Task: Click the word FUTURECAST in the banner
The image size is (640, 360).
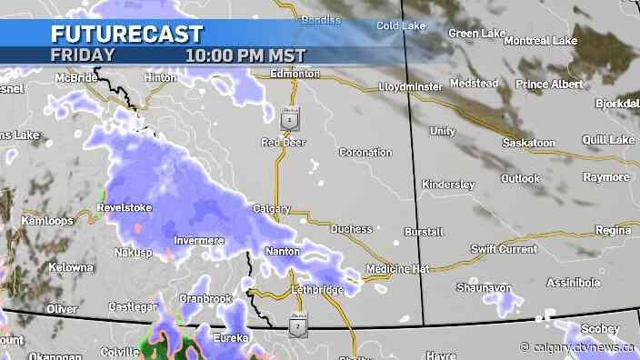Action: tap(126, 34)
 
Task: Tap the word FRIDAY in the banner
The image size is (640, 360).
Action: tap(83, 55)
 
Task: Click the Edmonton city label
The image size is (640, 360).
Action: tap(296, 73)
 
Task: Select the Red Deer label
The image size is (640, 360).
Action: tap(284, 142)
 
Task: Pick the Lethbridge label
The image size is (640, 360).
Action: tap(318, 289)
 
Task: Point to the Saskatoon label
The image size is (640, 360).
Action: tap(528, 144)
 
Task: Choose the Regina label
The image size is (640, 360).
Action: tap(613, 231)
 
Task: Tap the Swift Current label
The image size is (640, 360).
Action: tap(504, 248)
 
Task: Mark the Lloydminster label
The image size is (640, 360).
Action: tap(410, 87)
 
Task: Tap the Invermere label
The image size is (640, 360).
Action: tap(198, 240)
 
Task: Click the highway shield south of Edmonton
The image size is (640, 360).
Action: tap(288, 118)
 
